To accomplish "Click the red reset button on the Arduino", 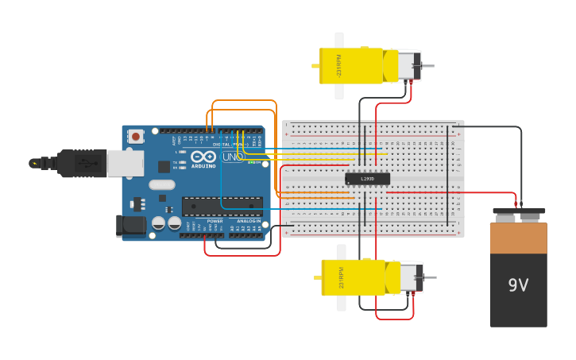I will coord(136,137).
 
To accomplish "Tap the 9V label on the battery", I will coord(518,285).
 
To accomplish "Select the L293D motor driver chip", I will coord(367,179).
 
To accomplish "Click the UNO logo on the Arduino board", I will coord(232,157).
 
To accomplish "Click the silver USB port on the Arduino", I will coord(125,163).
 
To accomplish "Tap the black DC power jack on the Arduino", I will coord(130,226).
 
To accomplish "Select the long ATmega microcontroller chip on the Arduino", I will coord(222,207).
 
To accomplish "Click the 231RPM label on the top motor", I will coord(339,65).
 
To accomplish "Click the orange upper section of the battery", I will coord(518,238).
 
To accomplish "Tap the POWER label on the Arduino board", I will coord(215,221).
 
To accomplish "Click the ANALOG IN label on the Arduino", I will coord(248,221).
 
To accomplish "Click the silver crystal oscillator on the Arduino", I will coord(161,185).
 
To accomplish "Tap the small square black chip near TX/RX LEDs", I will coord(164,166).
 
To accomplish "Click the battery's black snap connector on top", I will coord(518,215).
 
